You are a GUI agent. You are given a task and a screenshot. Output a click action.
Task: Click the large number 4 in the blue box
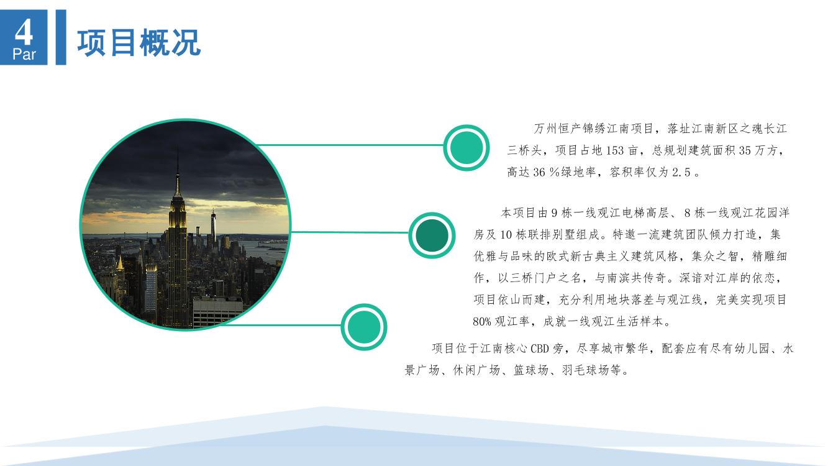click(24, 32)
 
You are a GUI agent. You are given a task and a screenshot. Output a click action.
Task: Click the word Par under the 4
click(24, 55)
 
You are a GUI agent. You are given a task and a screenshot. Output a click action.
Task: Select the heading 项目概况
click(139, 43)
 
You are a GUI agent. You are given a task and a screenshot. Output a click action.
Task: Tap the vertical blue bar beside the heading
click(61, 37)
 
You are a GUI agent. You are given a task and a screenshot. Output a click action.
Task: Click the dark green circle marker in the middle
click(431, 235)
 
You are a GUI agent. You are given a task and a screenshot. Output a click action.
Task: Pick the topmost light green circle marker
click(466, 148)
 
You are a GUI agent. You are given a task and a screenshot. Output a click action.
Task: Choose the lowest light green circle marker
click(364, 327)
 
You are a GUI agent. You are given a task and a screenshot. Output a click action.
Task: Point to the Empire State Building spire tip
click(178, 149)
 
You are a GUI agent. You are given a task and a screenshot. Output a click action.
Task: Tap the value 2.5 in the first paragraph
click(681, 172)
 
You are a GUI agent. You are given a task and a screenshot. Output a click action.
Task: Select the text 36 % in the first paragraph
click(545, 172)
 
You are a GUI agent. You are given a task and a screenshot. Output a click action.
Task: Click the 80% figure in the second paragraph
click(482, 321)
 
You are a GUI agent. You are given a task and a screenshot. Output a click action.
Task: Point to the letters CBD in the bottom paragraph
click(540, 349)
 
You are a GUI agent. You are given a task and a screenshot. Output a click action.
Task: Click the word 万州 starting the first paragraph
click(545, 129)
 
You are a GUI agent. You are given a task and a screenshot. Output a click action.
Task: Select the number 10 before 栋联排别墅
click(506, 235)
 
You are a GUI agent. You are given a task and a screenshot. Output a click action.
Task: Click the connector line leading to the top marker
click(350, 145)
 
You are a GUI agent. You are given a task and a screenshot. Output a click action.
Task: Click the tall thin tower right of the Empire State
click(213, 226)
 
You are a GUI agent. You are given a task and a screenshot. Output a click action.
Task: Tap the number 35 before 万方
click(745, 150)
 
